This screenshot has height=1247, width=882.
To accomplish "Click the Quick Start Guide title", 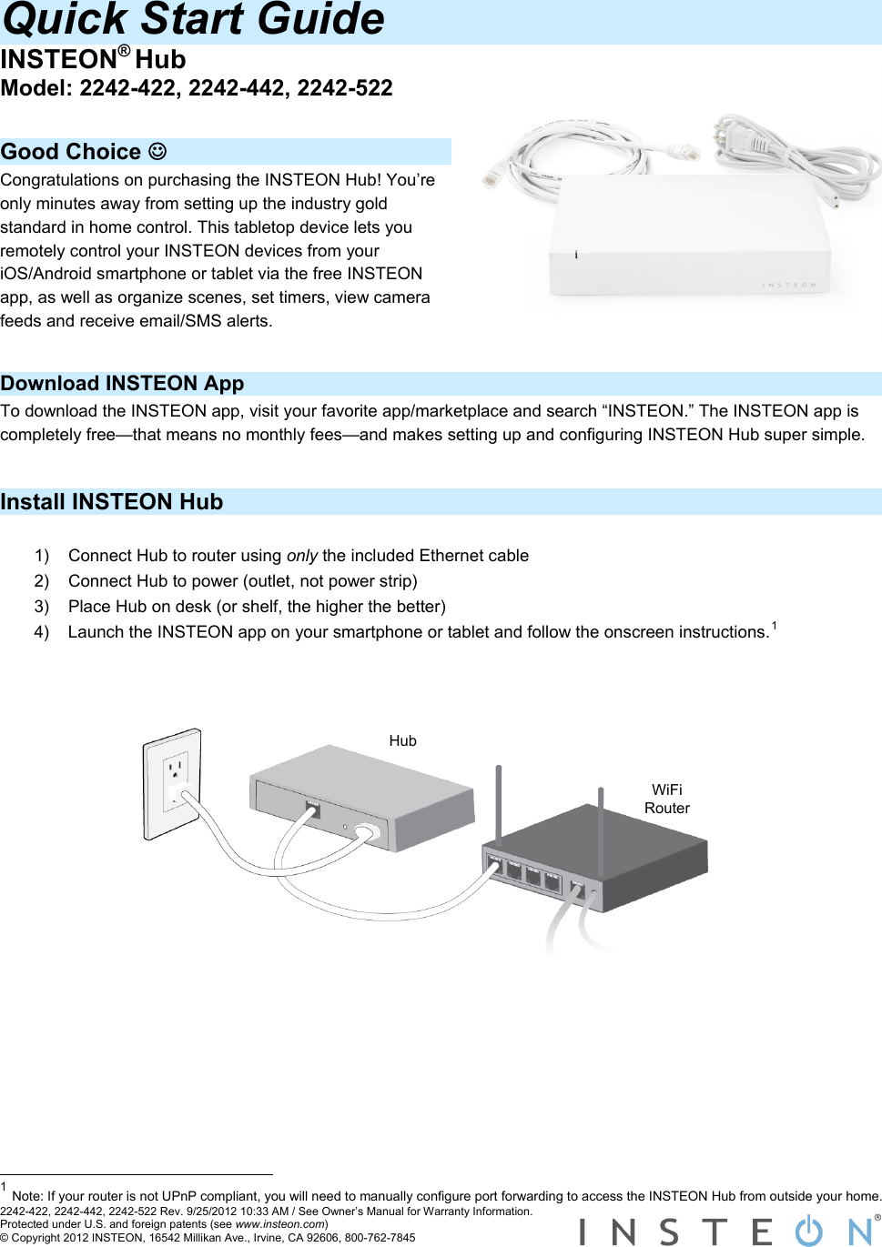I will pos(193,20).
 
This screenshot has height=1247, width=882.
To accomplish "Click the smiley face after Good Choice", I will pos(157,151).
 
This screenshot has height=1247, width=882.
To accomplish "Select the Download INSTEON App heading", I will pos(122,384).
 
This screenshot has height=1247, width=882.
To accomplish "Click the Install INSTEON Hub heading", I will pos(111,502).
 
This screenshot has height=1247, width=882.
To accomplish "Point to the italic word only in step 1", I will pos(301,556).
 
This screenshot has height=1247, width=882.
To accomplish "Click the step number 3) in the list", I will pos(42,607).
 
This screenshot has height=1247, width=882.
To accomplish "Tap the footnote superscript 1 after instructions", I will pos(774,626).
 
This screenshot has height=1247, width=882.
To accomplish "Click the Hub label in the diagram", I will pos(402,741).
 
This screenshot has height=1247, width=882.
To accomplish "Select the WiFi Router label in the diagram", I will pos(666,799).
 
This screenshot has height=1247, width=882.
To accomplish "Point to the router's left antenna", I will pos(498,800).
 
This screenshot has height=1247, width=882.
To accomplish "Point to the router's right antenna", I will pos(601,814).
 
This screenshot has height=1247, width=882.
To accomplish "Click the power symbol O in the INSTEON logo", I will pos(808,1231).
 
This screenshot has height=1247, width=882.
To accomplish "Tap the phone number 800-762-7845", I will pos(380,1238).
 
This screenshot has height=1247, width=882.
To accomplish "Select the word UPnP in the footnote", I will pos(178,1197).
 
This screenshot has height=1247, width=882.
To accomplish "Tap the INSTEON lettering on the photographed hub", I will pos(789,285).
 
